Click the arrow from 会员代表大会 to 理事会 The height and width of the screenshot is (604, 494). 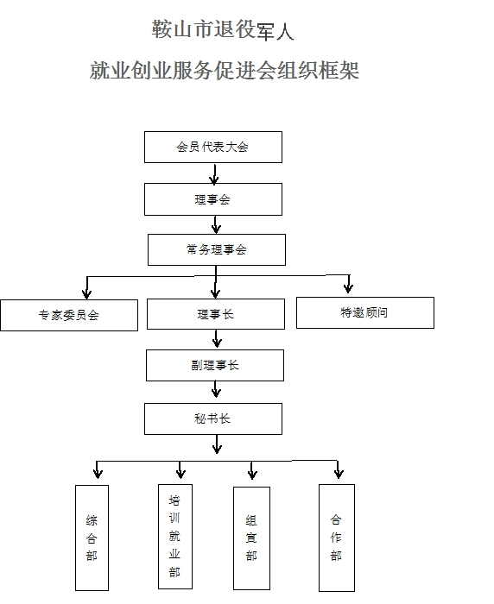(x=214, y=173)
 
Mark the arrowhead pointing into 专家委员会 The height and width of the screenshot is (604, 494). (x=86, y=294)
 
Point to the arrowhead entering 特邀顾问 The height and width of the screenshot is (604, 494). (x=349, y=287)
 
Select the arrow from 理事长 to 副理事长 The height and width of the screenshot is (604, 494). (x=217, y=339)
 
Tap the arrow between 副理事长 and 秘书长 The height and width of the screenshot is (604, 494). (x=216, y=389)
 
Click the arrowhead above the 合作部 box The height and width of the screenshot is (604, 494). (x=339, y=474)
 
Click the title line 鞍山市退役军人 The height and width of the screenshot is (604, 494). (x=223, y=29)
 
